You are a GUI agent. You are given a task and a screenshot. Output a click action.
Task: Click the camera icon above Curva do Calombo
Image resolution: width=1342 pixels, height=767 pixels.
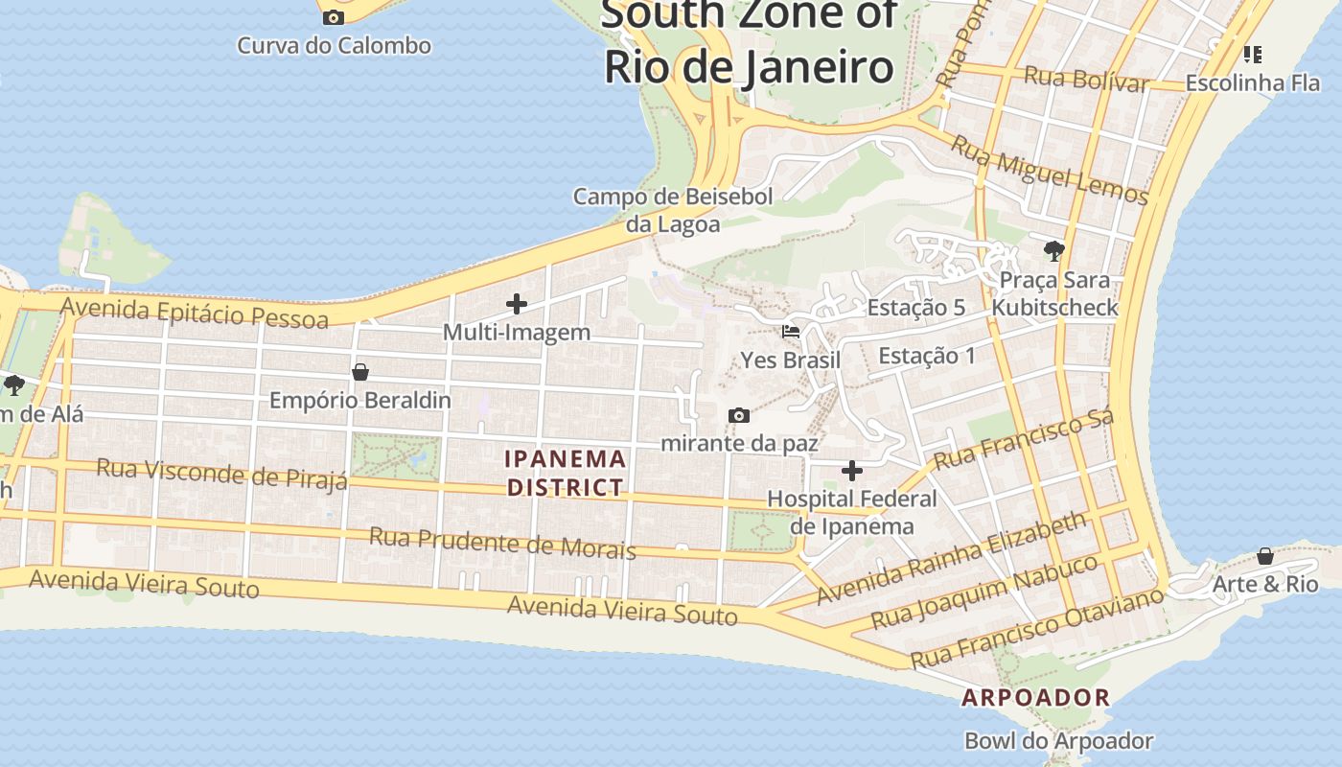pyautogui.click(x=334, y=17)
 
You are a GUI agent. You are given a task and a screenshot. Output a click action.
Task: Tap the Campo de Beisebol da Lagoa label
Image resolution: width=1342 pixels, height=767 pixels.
pyautogui.click(x=672, y=210)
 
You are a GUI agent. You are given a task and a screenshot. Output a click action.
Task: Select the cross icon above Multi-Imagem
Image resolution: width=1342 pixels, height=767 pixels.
pyautogui.click(x=517, y=305)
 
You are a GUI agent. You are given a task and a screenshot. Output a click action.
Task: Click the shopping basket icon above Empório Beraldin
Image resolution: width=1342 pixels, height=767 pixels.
pyautogui.click(x=360, y=372)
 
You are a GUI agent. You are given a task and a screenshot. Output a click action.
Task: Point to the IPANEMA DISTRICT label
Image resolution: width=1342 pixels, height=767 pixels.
pyautogui.click(x=566, y=473)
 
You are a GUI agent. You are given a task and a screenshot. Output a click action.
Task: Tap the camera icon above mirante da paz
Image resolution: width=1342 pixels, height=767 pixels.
pyautogui.click(x=738, y=415)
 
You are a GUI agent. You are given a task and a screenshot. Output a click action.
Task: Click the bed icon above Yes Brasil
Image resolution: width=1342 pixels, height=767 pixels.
pyautogui.click(x=791, y=332)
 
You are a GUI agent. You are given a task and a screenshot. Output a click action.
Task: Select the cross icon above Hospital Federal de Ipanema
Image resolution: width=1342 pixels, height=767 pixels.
pyautogui.click(x=851, y=471)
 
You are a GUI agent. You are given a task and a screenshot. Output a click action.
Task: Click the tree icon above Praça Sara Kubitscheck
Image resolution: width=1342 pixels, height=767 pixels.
pyautogui.click(x=1054, y=251)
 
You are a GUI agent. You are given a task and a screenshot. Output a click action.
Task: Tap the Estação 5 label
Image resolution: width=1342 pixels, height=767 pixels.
pyautogui.click(x=915, y=308)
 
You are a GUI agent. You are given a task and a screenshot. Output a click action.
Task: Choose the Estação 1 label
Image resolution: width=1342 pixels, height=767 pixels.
pyautogui.click(x=926, y=356)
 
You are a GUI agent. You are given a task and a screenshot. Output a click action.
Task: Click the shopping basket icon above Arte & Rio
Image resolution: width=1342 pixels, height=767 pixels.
pyautogui.click(x=1265, y=556)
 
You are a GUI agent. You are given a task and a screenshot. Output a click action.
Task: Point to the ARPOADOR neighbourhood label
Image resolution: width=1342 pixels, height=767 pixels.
pyautogui.click(x=1035, y=698)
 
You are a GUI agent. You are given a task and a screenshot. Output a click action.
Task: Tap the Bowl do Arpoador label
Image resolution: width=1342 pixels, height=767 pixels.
pyautogui.click(x=1058, y=741)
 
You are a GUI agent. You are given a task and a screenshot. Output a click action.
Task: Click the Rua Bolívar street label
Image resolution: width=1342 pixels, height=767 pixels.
pyautogui.click(x=1085, y=80)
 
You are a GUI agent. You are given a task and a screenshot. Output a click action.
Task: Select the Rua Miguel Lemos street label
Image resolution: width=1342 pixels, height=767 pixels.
pyautogui.click(x=1049, y=170)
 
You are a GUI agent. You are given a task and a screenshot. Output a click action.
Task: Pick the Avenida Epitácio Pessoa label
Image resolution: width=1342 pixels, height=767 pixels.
pyautogui.click(x=195, y=313)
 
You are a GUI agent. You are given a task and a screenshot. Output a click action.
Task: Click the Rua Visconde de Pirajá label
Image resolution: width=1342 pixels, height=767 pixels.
pyautogui.click(x=222, y=474)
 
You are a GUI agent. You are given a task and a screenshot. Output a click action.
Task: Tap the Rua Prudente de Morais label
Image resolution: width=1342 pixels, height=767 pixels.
pyautogui.click(x=502, y=543)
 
